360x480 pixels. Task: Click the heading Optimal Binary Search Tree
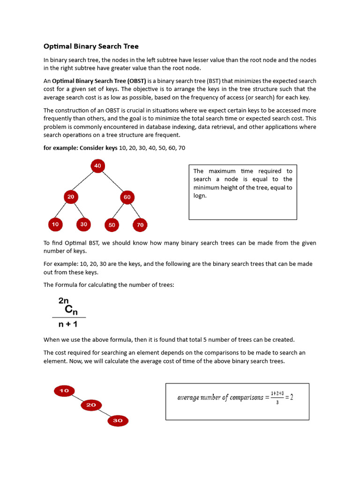(x=91, y=46)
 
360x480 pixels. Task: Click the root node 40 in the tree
(x=97, y=165)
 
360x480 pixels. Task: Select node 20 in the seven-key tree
(x=71, y=197)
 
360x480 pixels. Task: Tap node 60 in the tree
(x=127, y=197)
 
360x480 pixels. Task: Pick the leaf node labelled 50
(x=112, y=225)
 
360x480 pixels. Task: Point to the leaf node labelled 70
(x=140, y=225)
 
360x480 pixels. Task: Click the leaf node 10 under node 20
(x=55, y=225)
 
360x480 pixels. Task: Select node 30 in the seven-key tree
(x=83, y=225)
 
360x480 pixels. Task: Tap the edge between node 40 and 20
(x=84, y=181)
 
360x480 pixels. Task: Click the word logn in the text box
(x=200, y=196)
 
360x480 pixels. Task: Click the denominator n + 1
(x=64, y=324)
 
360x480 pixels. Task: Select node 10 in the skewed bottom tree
(x=64, y=390)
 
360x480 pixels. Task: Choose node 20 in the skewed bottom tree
(x=91, y=405)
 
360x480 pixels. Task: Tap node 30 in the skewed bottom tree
(x=118, y=420)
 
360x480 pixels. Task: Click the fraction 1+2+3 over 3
(x=277, y=397)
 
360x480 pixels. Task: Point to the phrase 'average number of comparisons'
(x=220, y=397)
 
